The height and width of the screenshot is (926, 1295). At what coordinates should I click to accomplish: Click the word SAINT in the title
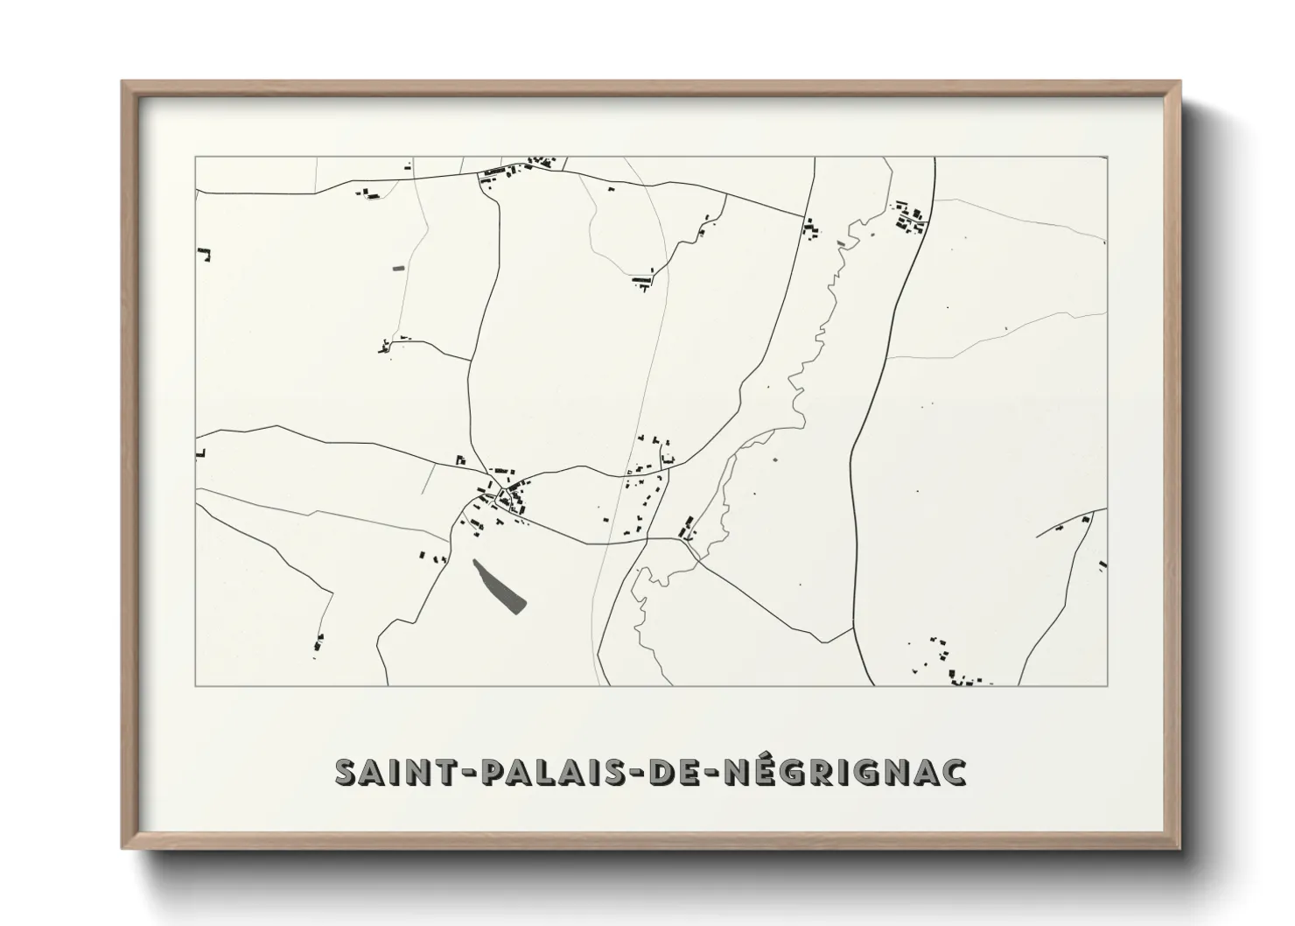click(x=388, y=773)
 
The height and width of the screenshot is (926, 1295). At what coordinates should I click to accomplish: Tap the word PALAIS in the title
click(x=542, y=773)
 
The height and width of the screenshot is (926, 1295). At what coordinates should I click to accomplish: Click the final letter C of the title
click(x=955, y=773)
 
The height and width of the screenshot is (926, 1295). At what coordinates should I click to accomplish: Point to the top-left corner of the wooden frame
click(x=123, y=83)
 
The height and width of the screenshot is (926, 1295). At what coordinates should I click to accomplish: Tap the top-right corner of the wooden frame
click(x=1179, y=83)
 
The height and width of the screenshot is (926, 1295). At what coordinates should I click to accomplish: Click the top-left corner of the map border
click(x=195, y=158)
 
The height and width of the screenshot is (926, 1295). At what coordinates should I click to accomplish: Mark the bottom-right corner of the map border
click(x=1108, y=686)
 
